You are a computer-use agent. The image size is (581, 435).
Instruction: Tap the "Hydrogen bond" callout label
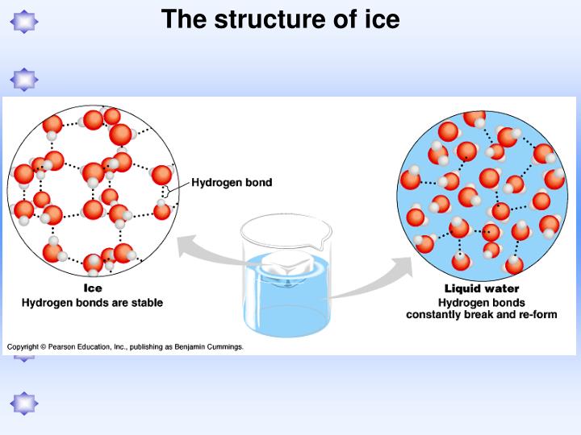232,183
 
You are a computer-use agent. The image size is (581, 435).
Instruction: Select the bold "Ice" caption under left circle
93,288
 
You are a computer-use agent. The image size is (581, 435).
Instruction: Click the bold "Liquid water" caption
482,288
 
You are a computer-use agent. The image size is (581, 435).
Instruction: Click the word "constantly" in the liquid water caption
441,314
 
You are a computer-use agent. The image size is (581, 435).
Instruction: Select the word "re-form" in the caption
537,314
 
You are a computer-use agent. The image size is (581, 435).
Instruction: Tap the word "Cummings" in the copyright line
221,346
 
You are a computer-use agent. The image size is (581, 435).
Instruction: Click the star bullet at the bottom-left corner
24,403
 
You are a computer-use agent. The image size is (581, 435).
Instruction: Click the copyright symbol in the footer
43,346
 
